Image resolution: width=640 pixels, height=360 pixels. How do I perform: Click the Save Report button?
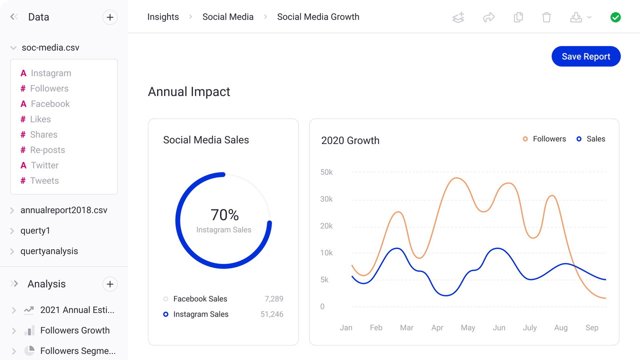(x=586, y=56)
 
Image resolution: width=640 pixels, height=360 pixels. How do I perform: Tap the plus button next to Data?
(x=110, y=17)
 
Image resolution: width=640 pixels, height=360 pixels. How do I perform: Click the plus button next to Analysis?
(x=110, y=284)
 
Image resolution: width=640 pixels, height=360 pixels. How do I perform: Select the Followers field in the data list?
(x=49, y=88)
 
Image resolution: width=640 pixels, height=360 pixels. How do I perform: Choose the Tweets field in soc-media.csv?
(x=44, y=180)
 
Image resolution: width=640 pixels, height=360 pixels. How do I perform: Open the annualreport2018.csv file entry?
(x=63, y=210)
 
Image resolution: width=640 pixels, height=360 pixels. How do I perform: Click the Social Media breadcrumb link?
(x=228, y=17)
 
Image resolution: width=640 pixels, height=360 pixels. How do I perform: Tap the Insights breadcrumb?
(x=163, y=17)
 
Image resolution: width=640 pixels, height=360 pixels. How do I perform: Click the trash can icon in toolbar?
(x=546, y=17)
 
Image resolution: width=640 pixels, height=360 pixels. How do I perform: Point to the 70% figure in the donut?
(x=224, y=215)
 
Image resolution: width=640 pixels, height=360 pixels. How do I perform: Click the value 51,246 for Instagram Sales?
(x=272, y=314)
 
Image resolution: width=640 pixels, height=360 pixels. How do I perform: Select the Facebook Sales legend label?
(x=200, y=299)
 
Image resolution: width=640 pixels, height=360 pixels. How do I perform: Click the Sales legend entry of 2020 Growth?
(x=595, y=139)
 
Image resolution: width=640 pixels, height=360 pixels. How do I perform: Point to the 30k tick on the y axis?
(x=326, y=199)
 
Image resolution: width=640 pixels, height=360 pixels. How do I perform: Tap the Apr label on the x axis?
(x=437, y=327)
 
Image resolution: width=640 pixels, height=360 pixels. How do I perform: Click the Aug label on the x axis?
(x=561, y=327)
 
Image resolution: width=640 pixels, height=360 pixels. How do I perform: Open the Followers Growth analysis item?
(x=74, y=330)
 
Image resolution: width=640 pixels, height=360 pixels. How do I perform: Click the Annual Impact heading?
(x=189, y=92)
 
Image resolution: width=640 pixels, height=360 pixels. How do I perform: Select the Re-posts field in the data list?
(x=47, y=150)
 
